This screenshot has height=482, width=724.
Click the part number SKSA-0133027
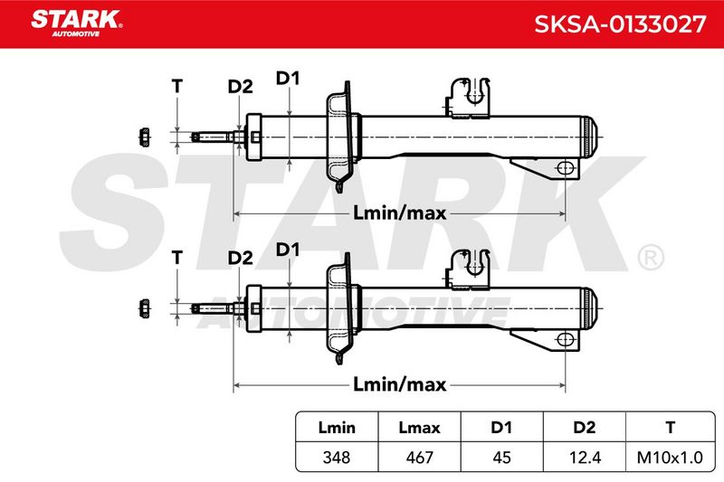(x=620, y=24)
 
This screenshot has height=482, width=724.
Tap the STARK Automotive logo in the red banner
(x=77, y=23)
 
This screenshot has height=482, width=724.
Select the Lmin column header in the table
(x=337, y=428)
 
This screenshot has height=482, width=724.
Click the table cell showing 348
(x=337, y=457)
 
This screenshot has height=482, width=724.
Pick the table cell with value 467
(x=419, y=457)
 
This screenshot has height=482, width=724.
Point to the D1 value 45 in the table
(x=501, y=457)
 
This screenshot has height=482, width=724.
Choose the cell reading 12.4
(x=585, y=457)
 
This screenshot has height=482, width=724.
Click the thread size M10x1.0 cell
(x=670, y=457)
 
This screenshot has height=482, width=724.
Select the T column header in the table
(x=670, y=428)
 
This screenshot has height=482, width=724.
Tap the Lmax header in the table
(x=419, y=428)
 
